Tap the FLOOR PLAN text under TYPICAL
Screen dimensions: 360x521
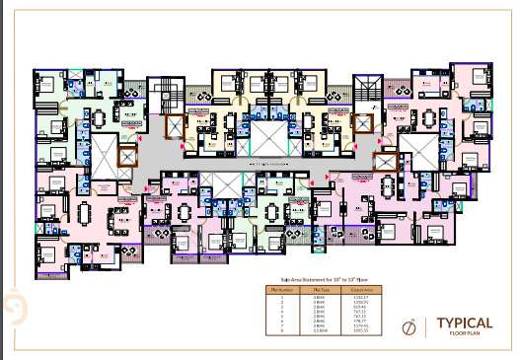[x=452, y=335]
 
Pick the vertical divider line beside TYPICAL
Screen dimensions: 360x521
[x=427, y=327]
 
